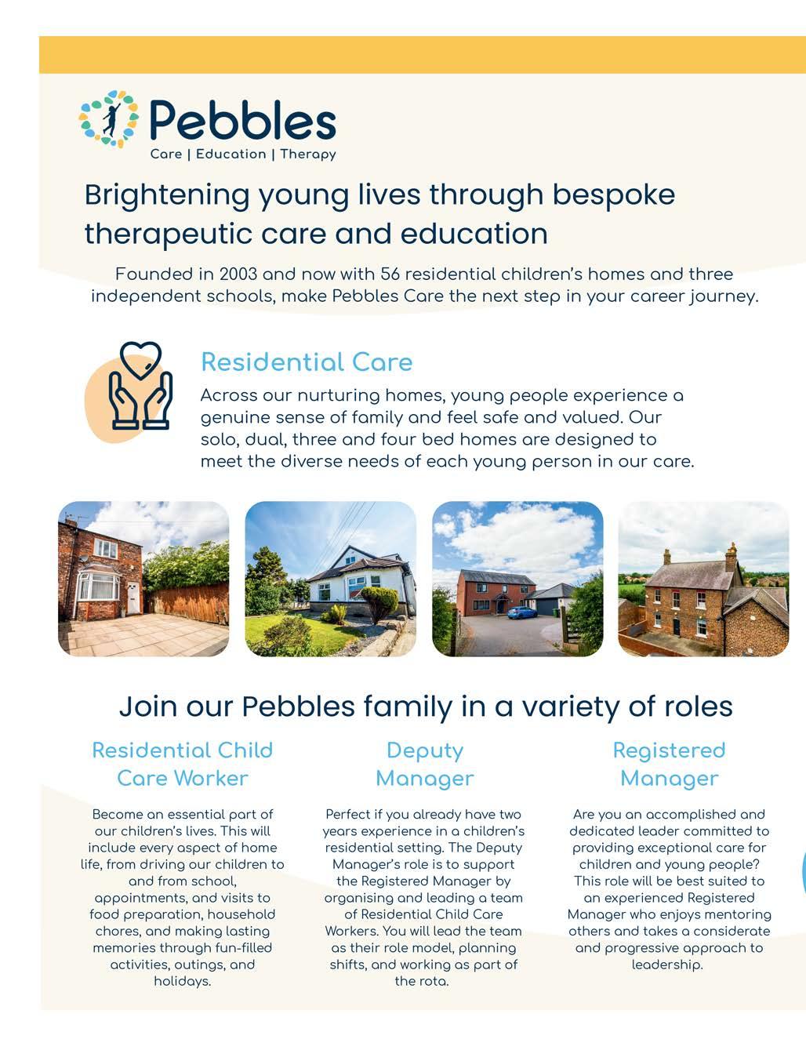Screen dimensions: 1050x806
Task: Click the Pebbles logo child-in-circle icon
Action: click(x=109, y=119)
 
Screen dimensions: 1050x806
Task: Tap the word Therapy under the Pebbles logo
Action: click(x=308, y=154)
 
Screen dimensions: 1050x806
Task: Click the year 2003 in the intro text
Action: click(x=238, y=274)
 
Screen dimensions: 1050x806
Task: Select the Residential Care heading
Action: click(x=307, y=362)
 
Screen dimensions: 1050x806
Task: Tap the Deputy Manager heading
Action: click(x=425, y=764)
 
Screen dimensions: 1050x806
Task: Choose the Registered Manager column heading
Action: click(x=669, y=764)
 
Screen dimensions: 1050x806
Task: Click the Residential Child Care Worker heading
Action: click(x=183, y=764)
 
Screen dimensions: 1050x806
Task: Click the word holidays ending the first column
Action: click(x=181, y=981)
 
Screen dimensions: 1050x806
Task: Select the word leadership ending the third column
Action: click(x=666, y=965)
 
